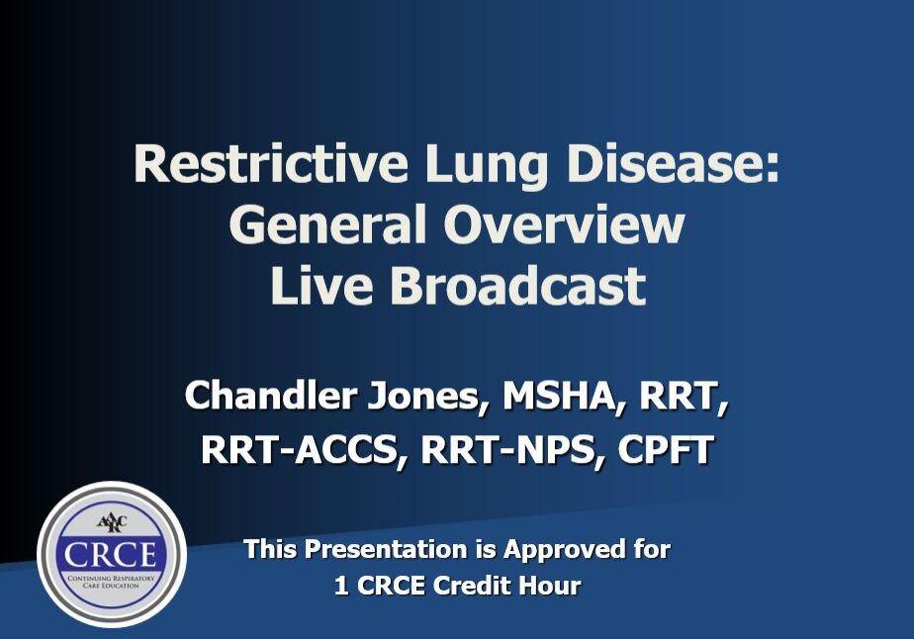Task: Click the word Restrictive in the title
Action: point(270,164)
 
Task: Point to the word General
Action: point(327,225)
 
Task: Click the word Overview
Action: point(564,225)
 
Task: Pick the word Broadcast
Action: point(517,285)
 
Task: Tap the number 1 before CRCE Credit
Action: point(341,586)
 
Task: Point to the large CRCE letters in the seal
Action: point(111,554)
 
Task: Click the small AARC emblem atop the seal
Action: point(112,522)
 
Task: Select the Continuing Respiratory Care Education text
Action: point(112,582)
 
